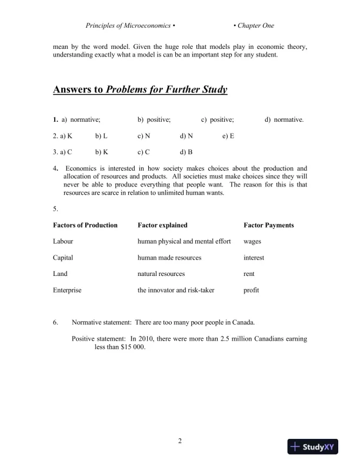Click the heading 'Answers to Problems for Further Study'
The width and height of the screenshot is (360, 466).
pos(140,90)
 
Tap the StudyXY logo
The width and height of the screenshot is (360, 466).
pos(315,447)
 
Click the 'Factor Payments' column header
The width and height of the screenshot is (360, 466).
pos(268,225)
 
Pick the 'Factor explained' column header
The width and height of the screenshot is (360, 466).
pos(162,225)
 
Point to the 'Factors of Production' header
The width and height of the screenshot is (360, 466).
pos(85,225)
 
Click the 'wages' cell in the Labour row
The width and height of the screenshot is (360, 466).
pos(253,241)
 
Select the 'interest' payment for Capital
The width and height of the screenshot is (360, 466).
pos(254,258)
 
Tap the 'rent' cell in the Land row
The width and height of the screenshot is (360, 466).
pos(249,274)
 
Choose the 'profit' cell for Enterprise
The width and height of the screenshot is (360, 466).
pos(251,290)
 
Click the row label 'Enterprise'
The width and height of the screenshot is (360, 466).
pos(67,290)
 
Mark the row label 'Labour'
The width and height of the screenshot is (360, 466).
pos(64,241)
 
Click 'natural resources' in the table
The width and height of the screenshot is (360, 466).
pos(161,274)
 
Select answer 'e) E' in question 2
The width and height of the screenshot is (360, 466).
pos(229,136)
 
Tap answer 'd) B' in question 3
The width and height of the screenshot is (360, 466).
pos(186,152)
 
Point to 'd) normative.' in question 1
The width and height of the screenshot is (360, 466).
pos(284,120)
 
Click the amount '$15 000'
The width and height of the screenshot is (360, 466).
pos(131,347)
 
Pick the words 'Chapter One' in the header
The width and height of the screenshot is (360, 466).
pos(255,26)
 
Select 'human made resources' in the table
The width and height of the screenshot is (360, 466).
pos(169,258)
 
